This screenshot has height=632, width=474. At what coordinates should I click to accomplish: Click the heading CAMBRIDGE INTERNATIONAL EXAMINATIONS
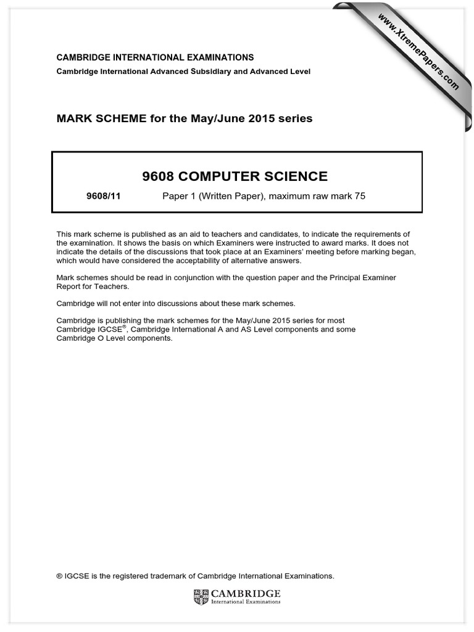[155, 57]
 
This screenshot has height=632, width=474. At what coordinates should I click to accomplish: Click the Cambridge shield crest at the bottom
[201, 596]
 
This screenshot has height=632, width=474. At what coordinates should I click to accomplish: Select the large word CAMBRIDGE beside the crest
[246, 593]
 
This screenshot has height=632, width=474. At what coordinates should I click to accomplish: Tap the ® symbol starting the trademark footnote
[59, 576]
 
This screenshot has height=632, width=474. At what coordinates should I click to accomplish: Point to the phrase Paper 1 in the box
[178, 196]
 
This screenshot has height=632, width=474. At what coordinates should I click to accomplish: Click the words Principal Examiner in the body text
[359, 278]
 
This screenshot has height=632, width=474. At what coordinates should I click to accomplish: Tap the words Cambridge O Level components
[114, 338]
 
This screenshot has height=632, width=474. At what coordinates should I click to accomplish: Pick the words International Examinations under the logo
[246, 602]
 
